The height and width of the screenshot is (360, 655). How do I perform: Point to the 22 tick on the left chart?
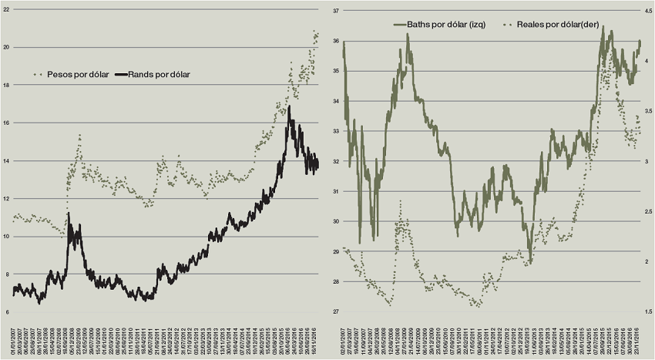click(x=7, y=9)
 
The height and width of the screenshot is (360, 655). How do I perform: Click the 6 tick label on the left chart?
click(x=7, y=311)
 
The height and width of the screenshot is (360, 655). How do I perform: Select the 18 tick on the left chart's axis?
click(x=7, y=85)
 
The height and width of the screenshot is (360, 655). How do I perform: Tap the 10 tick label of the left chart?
click(x=7, y=236)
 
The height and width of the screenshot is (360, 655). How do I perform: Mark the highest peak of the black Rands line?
click(x=289, y=107)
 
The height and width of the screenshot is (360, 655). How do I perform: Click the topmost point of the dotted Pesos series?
click(x=314, y=31)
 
